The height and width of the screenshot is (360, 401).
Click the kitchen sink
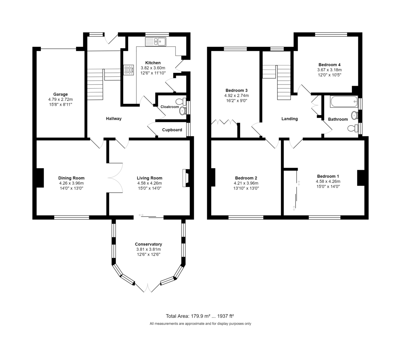[155, 42]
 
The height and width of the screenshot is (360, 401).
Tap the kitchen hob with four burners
[128, 70]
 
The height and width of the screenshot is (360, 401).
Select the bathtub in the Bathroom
[344, 102]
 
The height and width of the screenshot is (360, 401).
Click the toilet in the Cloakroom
[181, 102]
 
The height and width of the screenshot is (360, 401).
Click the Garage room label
[60, 95]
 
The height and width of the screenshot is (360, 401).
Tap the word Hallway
[114, 119]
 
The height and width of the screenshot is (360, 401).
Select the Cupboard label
[172, 130]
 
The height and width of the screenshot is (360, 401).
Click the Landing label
[290, 119]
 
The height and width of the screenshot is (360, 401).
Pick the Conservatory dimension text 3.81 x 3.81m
[148, 249]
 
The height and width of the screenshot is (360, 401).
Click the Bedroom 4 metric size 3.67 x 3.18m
[329, 70]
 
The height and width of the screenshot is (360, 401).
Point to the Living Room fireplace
[186, 178]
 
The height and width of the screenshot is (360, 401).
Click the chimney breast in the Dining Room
[40, 178]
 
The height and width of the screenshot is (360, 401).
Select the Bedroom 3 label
[237, 91]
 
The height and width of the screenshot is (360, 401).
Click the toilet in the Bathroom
[353, 128]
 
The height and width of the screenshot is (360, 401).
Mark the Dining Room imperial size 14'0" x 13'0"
[72, 188]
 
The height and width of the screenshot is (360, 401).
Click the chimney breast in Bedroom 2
[213, 177]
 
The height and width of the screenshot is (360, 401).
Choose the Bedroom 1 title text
[328, 176]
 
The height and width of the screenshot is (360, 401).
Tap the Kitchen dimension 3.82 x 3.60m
[153, 68]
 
